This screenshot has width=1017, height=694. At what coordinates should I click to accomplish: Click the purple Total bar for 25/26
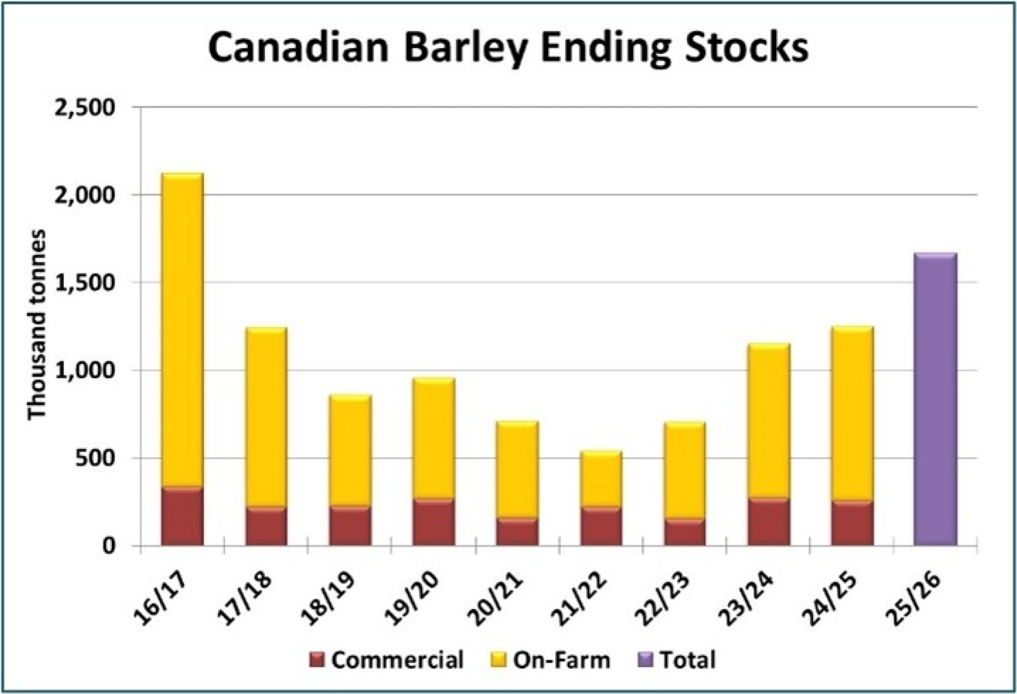935,399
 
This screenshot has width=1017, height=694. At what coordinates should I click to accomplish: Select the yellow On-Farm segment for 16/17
182,330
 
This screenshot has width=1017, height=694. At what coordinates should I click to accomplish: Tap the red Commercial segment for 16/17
182,517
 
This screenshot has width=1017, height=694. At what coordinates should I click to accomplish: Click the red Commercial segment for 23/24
768,522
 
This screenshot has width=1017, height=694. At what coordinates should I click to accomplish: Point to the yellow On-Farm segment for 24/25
852,414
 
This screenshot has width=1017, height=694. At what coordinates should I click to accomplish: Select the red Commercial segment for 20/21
517,532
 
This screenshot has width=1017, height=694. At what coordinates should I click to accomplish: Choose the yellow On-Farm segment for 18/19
350,450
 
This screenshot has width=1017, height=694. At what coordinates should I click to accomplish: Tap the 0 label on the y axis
109,546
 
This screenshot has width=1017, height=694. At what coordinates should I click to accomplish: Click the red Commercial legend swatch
316,660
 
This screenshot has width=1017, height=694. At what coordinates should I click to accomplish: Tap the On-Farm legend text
561,660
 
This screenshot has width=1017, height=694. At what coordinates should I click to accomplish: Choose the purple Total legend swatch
645,660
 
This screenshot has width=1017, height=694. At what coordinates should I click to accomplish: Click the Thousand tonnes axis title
37,325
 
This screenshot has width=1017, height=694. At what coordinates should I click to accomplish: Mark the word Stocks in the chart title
746,48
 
